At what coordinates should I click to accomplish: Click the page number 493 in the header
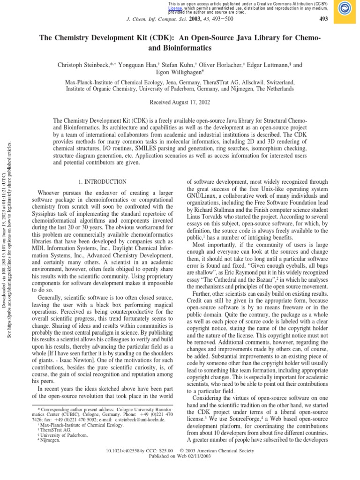(323, 19)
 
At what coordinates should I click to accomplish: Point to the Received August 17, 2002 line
(180, 102)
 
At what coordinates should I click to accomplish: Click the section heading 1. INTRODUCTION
(101, 182)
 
